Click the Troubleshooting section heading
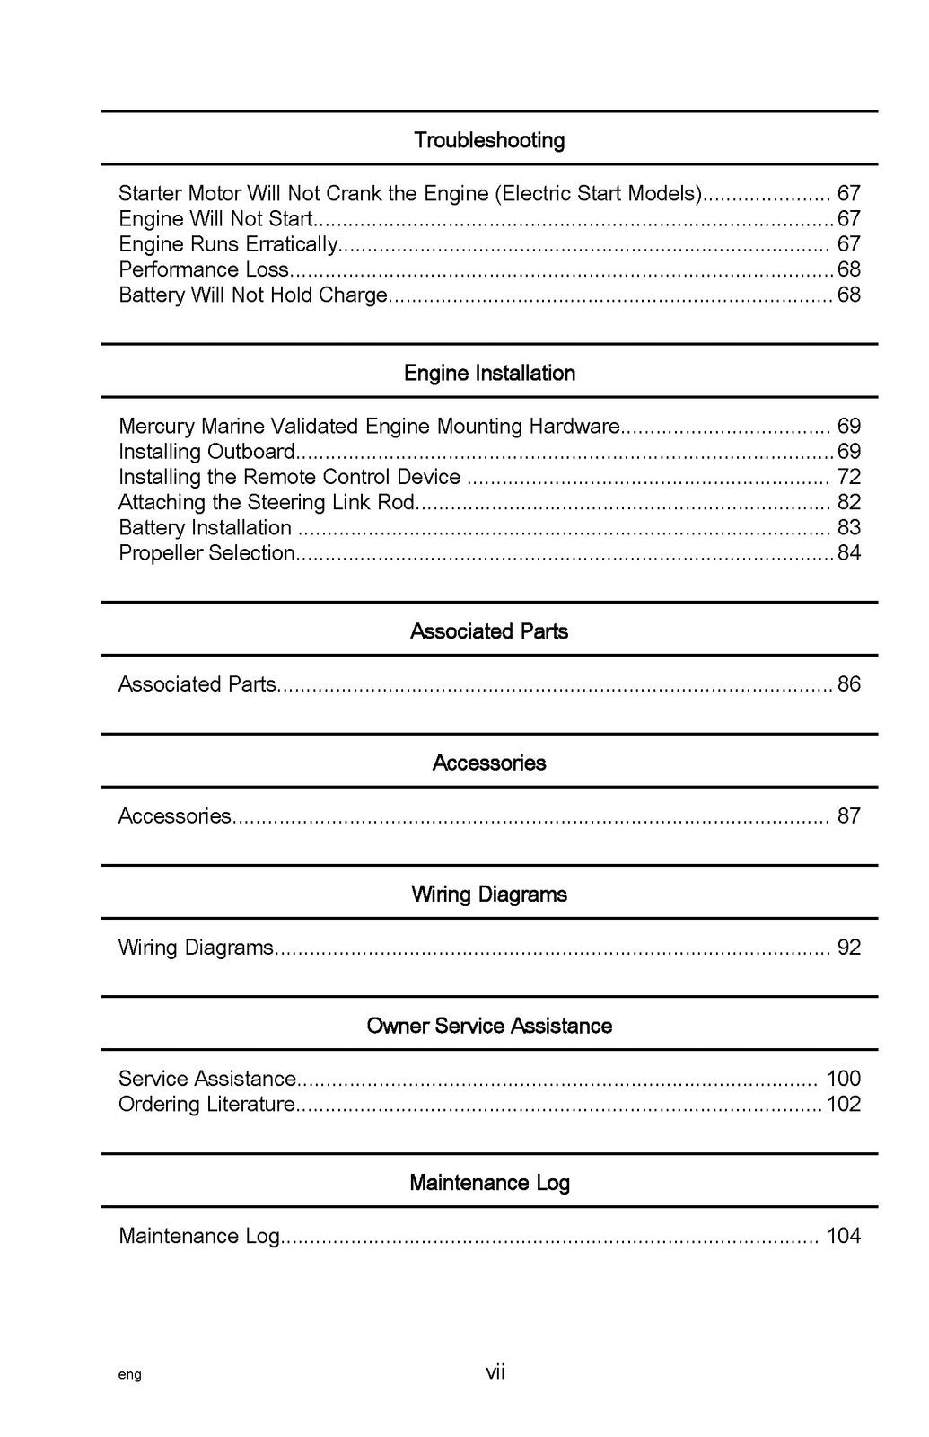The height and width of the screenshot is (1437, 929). pos(489,140)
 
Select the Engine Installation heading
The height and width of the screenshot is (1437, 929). pos(489,373)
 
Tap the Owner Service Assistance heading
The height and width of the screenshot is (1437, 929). pos(489,1026)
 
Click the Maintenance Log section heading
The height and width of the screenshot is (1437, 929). pos(489,1182)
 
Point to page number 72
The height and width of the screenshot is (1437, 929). pos(848,477)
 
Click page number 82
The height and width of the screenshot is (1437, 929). pos(848,502)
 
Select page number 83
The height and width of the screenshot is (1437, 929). pos(848,527)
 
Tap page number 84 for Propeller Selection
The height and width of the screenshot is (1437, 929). pos(848,552)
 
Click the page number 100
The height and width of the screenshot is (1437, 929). pos(843,1079)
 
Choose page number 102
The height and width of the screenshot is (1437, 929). pos(843,1104)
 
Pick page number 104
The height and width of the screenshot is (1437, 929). pos(843,1236)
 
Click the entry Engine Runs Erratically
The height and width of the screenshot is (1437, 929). pos(228,244)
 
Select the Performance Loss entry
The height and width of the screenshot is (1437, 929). pos(204,269)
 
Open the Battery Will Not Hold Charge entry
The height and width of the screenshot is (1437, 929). pos(253,295)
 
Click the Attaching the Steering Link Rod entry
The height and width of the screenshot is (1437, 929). pos(267,502)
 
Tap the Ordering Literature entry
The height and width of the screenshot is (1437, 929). pos(206,1104)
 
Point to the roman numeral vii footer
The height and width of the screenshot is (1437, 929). pos(495,1372)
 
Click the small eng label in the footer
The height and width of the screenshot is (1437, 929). pos(129,1375)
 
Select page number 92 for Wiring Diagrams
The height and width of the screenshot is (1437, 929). pos(848,948)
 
